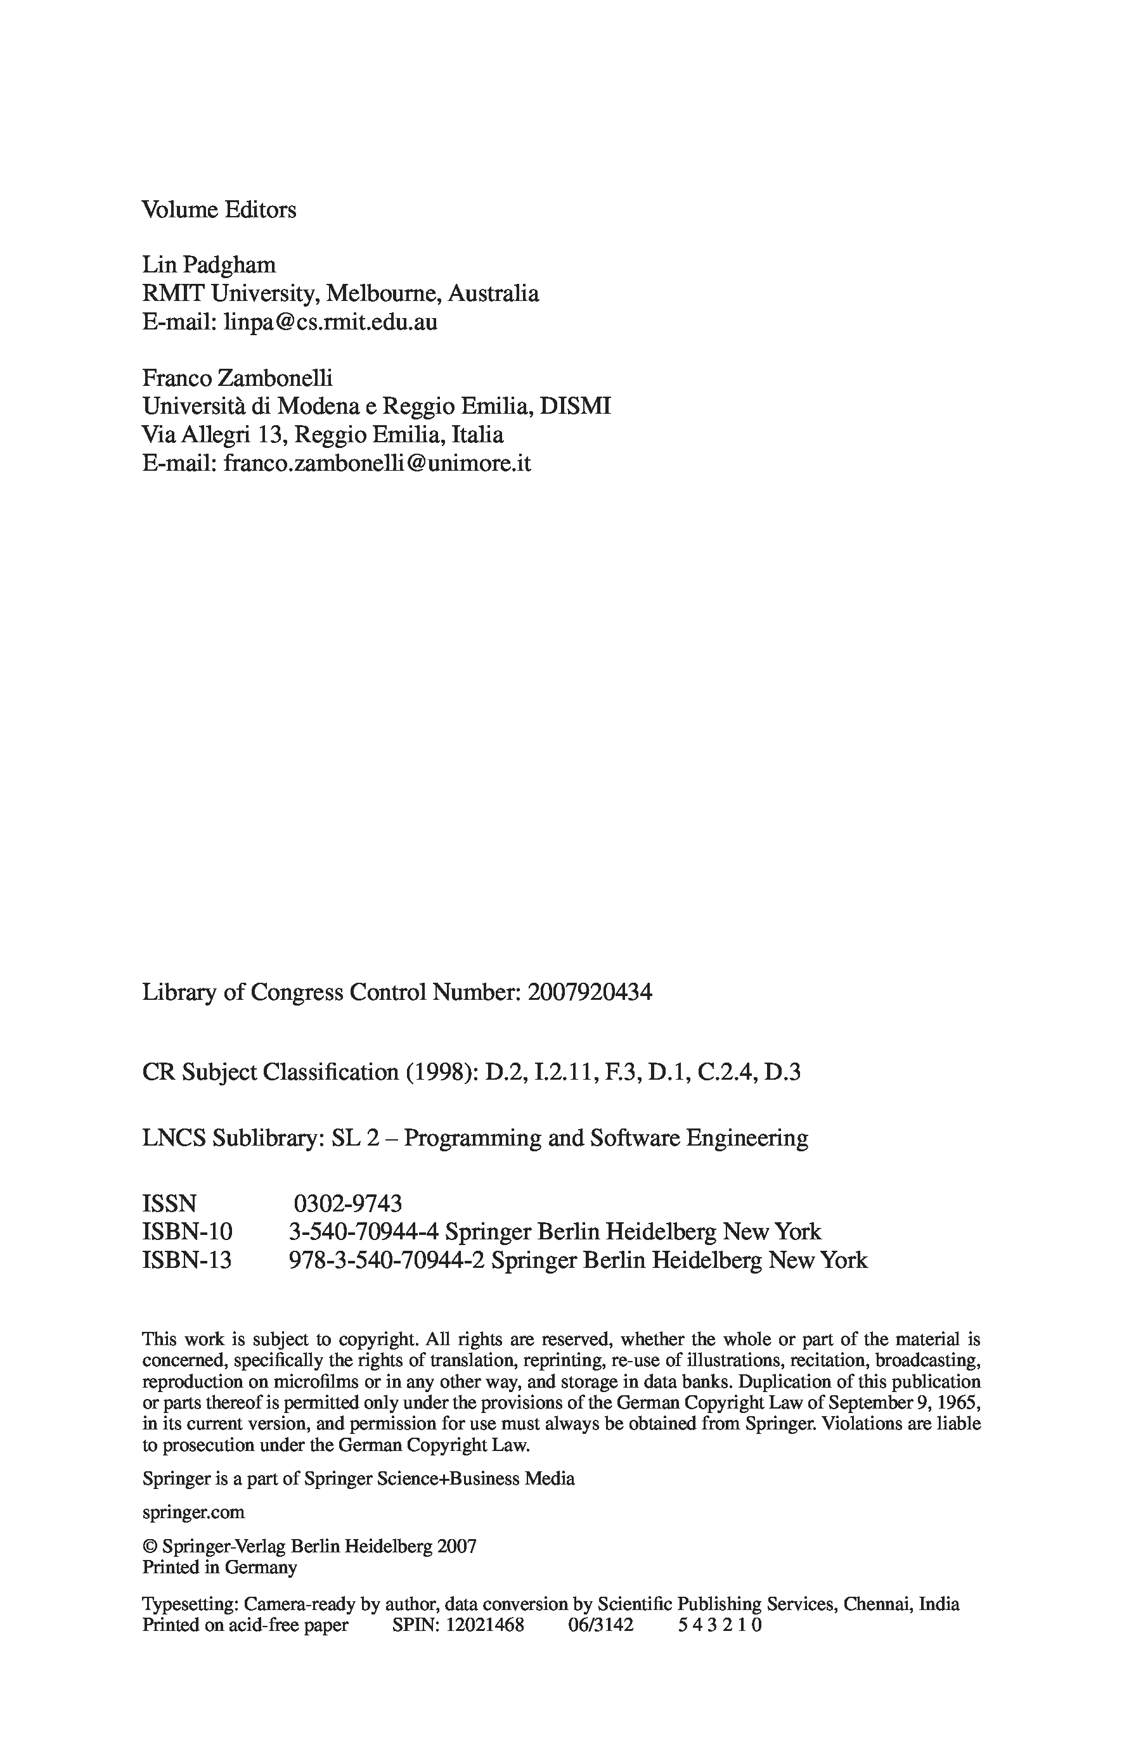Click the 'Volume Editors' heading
(x=219, y=210)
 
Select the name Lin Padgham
(x=209, y=265)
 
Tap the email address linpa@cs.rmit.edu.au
(x=330, y=322)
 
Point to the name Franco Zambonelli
(x=237, y=378)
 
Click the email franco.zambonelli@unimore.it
(x=377, y=463)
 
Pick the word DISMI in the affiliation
(x=575, y=406)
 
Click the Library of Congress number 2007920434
(x=589, y=992)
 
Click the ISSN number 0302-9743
(x=347, y=1203)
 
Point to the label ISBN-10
(x=187, y=1231)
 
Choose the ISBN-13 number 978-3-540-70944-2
(x=387, y=1260)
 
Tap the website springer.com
(x=193, y=1512)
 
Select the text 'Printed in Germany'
(x=219, y=1568)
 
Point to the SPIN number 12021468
(x=485, y=1625)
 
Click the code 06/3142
(x=600, y=1625)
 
